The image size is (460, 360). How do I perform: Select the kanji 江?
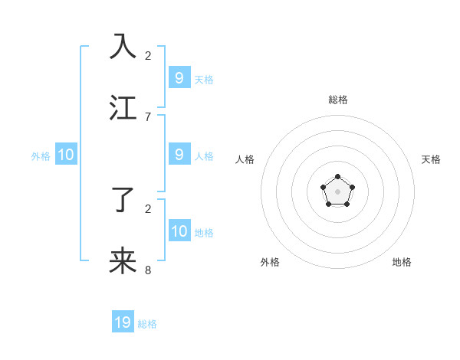123,107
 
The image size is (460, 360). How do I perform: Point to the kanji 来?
123,261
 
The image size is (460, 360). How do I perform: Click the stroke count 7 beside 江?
148,116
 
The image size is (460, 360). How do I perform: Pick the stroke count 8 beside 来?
148,270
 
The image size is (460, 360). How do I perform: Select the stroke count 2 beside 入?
148,55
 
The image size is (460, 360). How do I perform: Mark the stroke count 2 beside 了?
148,208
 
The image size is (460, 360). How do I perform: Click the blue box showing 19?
123,322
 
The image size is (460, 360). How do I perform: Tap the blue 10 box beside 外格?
66,155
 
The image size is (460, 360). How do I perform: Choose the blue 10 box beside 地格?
179,231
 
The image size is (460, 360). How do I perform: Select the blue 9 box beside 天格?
179,77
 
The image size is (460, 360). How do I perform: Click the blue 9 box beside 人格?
179,155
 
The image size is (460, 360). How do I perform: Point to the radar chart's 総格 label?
338,100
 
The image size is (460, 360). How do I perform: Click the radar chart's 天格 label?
432,159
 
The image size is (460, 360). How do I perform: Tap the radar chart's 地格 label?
402,262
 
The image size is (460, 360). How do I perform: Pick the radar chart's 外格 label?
270,262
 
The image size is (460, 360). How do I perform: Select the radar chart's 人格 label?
245,159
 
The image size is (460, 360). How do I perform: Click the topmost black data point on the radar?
337,177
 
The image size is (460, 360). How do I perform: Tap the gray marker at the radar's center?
337,191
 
